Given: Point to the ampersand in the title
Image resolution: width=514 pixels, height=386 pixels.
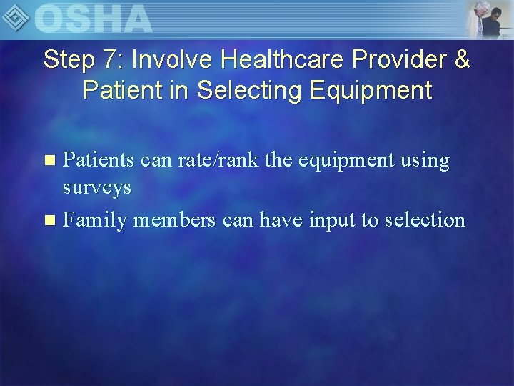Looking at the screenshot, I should click(461, 60).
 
